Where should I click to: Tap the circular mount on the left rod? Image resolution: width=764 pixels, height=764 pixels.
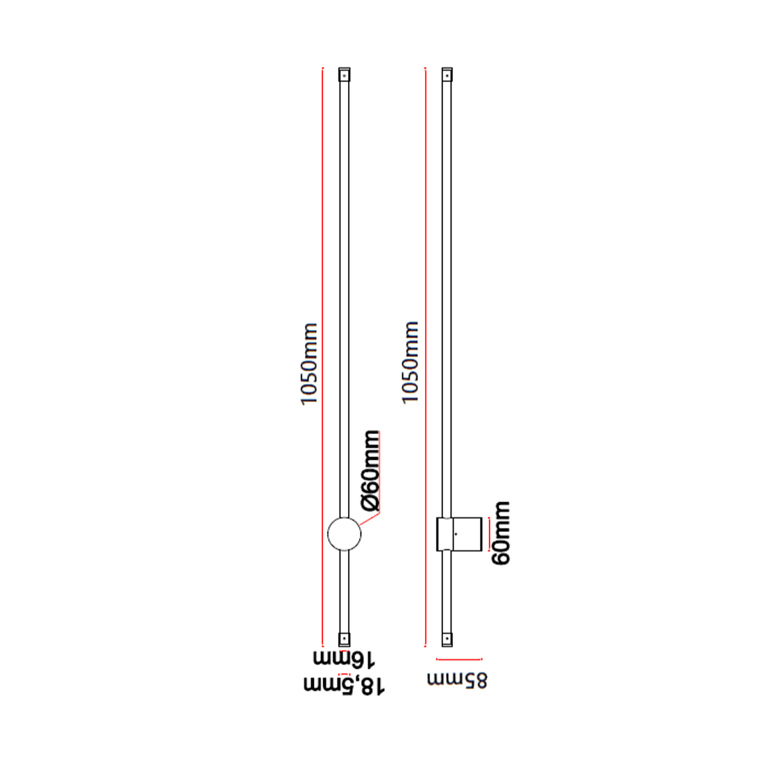[344, 534]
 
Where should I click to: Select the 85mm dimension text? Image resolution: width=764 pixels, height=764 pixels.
[457, 680]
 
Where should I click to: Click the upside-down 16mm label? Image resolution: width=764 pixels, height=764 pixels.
[344, 658]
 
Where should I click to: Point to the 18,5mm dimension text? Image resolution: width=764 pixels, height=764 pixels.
[344, 685]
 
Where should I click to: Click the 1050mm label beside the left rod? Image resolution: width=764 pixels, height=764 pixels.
[309, 363]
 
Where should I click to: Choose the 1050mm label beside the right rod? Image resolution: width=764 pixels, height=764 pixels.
[410, 363]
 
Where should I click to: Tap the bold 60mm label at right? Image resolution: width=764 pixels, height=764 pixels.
[501, 533]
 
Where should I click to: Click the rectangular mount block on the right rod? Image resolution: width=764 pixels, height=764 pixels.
[459, 534]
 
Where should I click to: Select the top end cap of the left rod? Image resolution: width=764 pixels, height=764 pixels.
[344, 74]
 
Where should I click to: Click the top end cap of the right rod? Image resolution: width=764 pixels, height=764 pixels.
[447, 74]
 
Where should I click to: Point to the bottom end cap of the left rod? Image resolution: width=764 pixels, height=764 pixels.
[344, 639]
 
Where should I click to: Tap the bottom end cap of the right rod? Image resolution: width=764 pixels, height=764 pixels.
[447, 639]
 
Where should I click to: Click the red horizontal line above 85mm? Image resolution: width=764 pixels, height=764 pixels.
[460, 659]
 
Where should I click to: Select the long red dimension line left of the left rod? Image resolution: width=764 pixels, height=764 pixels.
[322, 357]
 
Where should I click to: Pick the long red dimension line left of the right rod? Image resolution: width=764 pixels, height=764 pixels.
[425, 357]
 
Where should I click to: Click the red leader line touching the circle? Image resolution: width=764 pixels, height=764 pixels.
[369, 518]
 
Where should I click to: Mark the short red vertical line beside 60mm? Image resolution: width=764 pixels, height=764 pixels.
[489, 534]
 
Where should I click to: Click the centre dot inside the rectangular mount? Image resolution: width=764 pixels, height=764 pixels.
[456, 534]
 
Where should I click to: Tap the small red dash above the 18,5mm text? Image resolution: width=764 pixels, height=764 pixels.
[344, 674]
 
